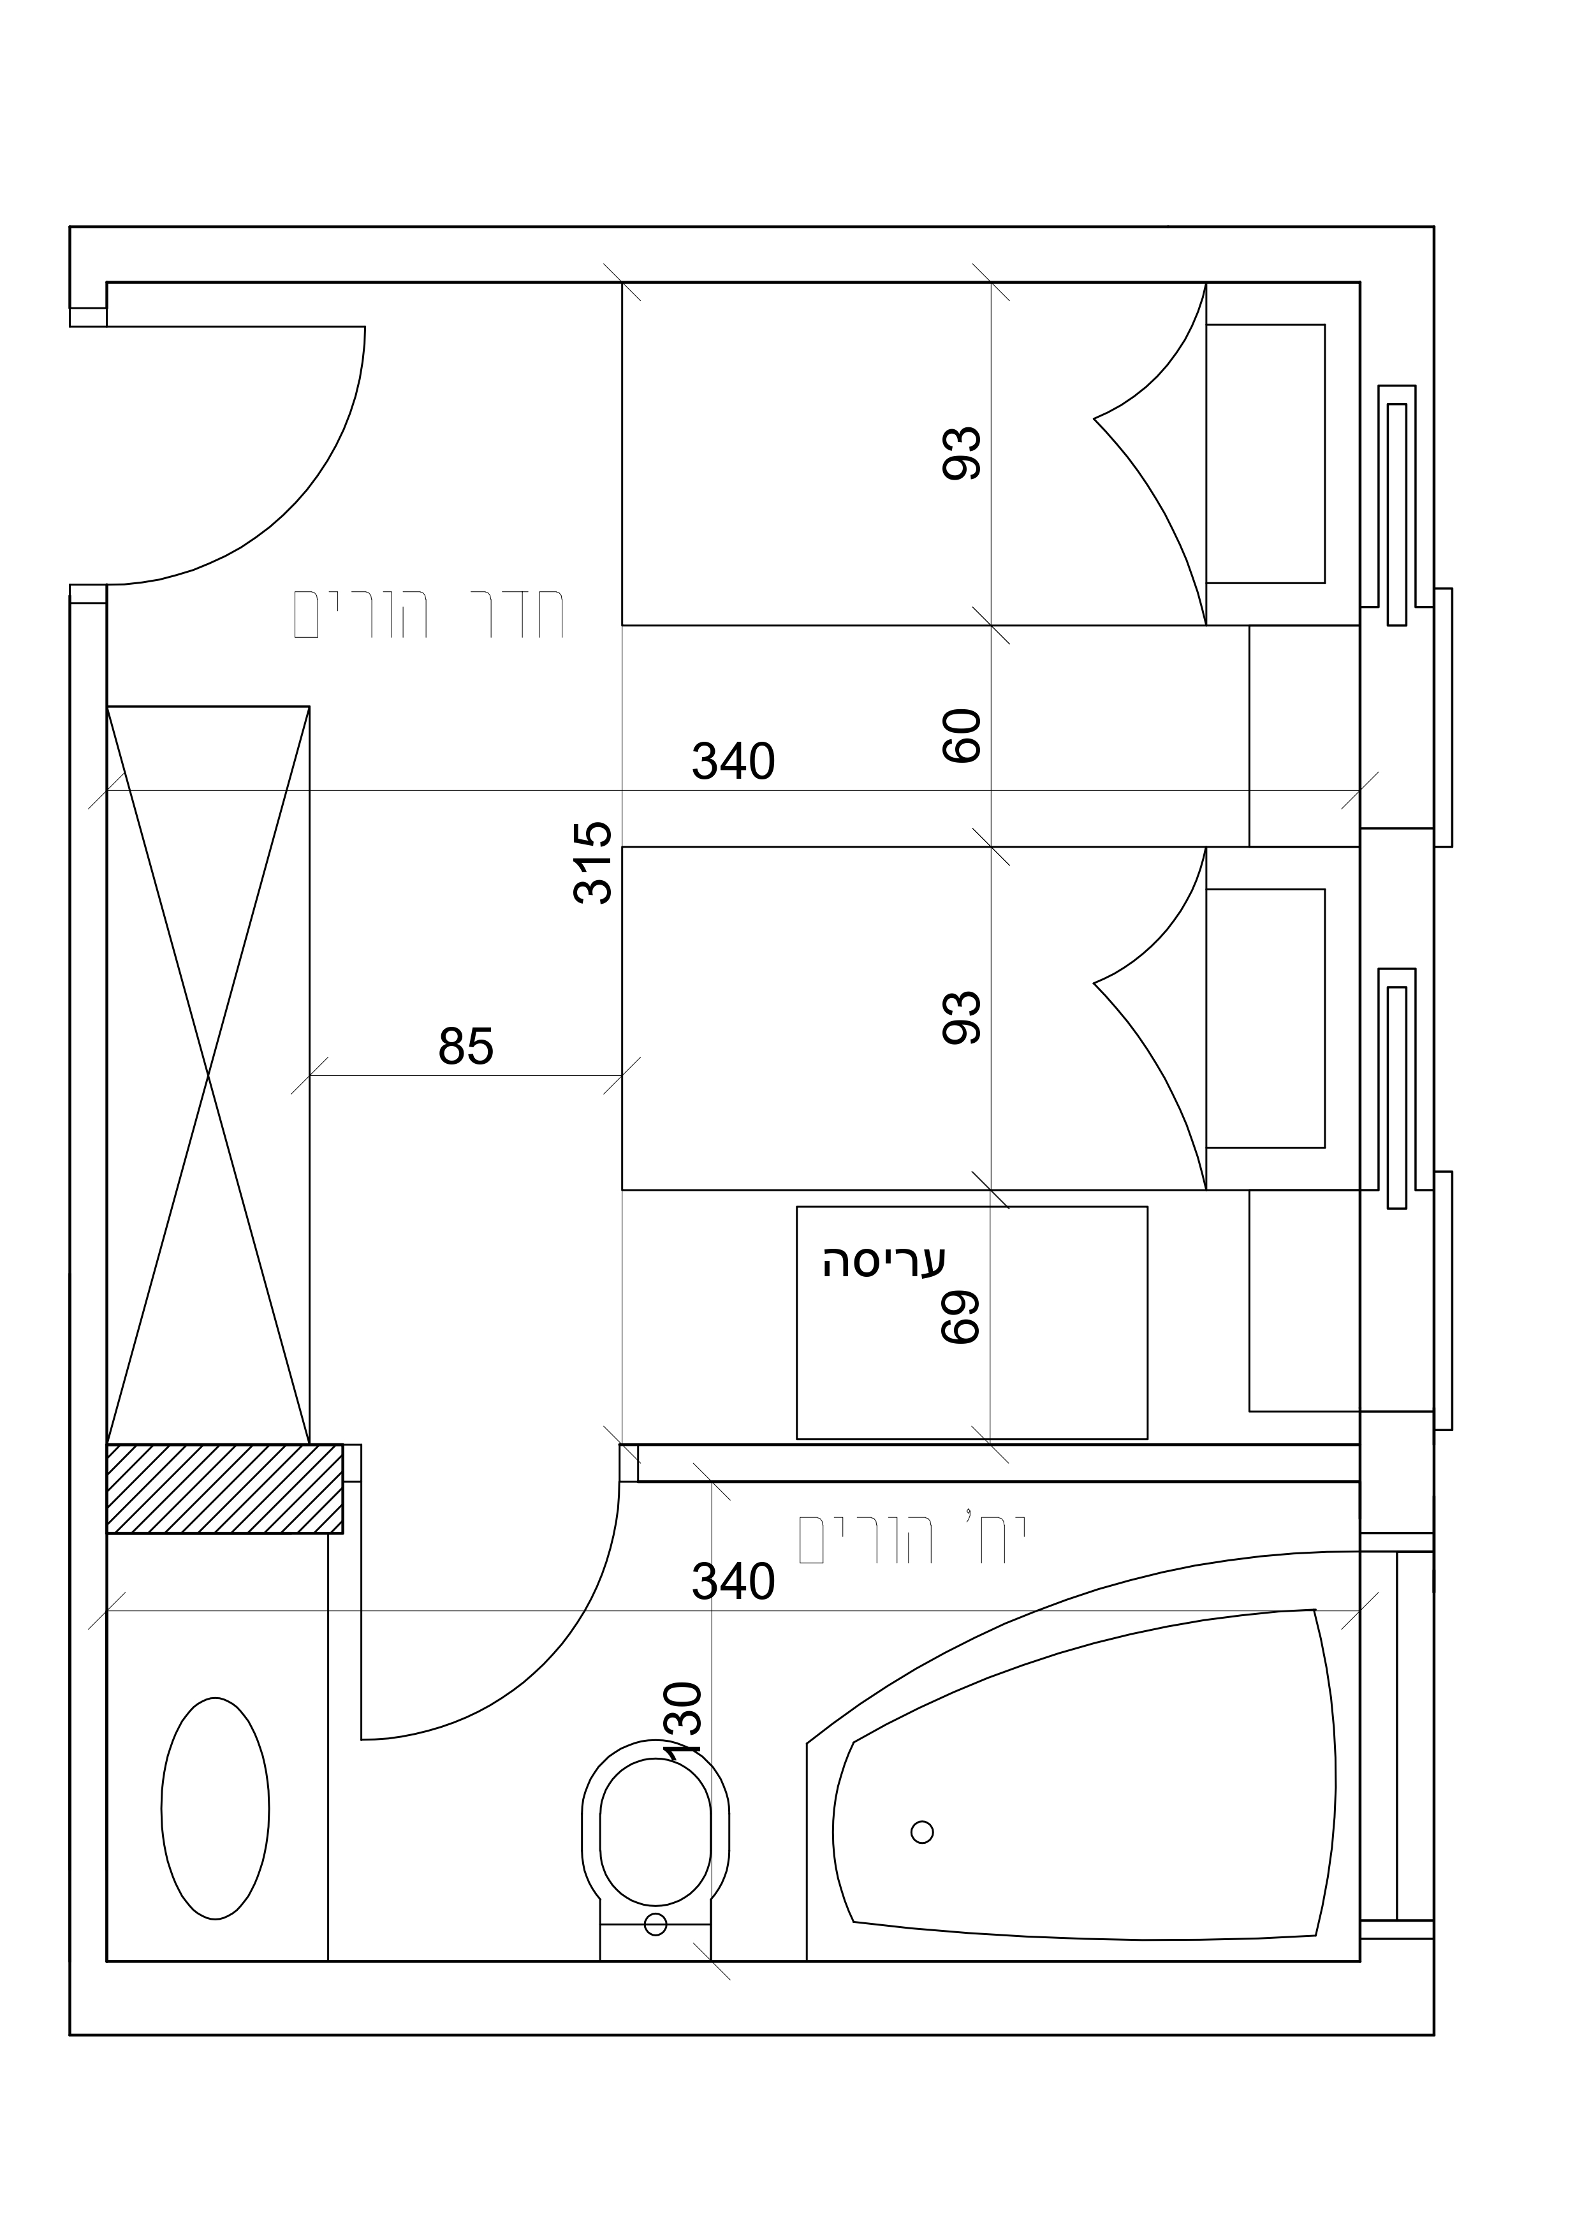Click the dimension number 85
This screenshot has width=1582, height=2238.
tap(466, 1047)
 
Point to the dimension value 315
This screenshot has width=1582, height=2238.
tap(592, 863)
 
